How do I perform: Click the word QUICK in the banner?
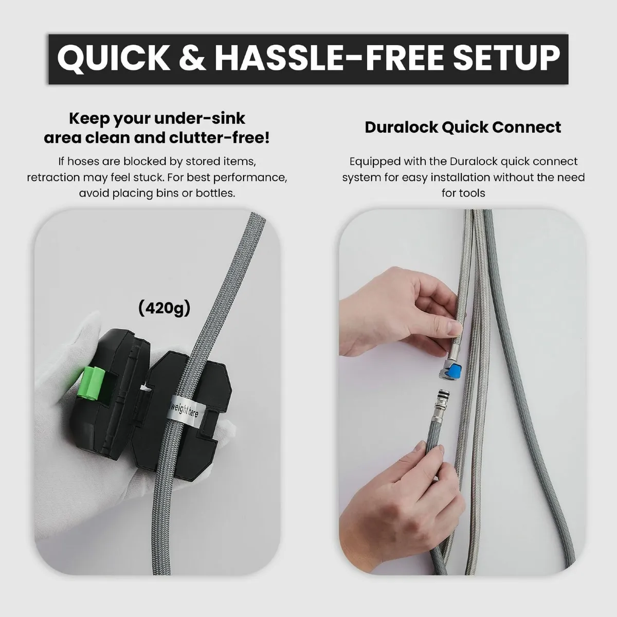point(113,59)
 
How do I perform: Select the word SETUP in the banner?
point(506,58)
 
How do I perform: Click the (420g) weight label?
point(164,308)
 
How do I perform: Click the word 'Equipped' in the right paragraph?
point(375,161)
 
